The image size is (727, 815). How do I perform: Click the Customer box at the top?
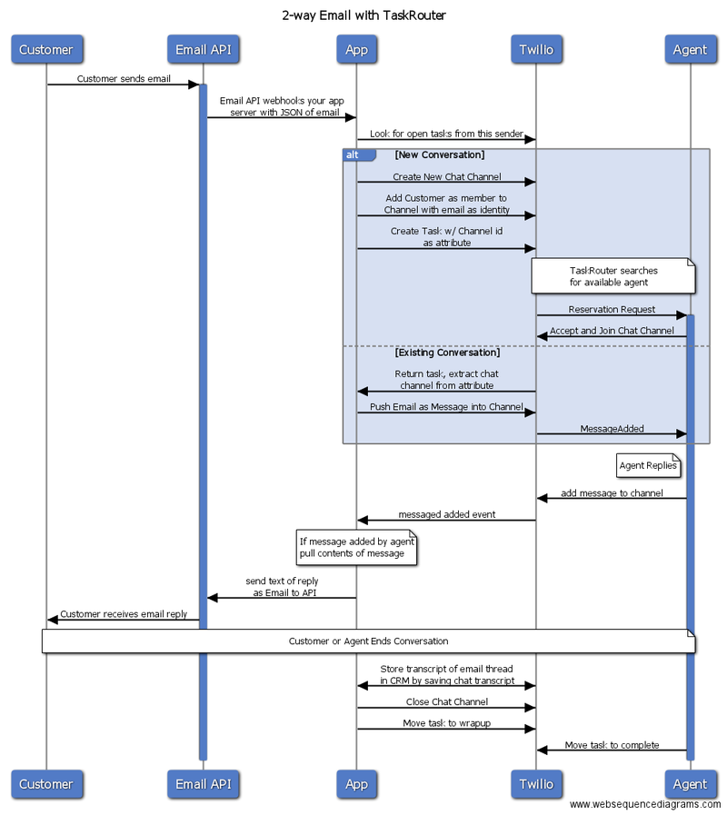coord(47,49)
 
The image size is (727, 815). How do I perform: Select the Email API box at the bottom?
coord(204,784)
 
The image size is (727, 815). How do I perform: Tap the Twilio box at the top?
coord(537,49)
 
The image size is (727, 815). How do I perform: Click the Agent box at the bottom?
coord(691,784)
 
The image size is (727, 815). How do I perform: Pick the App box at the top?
coord(357,49)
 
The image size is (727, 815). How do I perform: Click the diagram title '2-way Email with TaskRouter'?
coord(363,15)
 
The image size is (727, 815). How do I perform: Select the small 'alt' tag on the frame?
coord(359,154)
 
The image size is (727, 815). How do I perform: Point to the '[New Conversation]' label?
coord(440,154)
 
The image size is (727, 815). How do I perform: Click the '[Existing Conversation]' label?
coord(447,353)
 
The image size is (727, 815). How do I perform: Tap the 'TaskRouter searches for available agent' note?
coord(613,276)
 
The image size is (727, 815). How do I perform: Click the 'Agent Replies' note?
coord(649,465)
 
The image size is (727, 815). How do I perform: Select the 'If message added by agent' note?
coord(357,547)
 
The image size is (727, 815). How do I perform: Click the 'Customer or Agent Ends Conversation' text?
coord(368,641)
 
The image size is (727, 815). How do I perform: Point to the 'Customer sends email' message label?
coord(124,78)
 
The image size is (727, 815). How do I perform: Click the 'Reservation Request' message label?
coord(612,309)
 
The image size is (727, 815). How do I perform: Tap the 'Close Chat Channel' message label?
coord(447,701)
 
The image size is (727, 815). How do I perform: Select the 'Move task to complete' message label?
coord(612,745)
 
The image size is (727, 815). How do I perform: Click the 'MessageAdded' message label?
coord(612,428)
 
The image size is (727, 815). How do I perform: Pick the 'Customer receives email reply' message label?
coord(124,614)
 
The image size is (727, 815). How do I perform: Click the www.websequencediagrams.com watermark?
coord(645,804)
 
